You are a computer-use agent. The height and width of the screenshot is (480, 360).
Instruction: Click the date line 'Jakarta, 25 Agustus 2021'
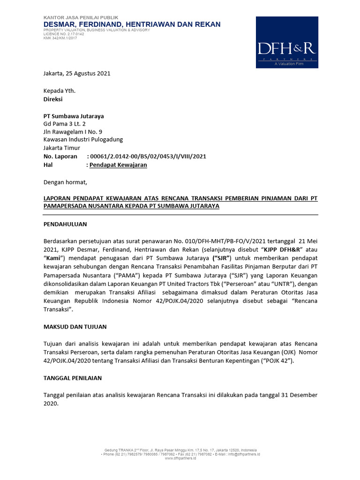tap(77, 74)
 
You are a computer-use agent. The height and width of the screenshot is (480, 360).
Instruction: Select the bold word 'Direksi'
tap(53, 99)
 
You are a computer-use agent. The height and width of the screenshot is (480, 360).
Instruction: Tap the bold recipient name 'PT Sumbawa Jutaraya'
tap(74, 116)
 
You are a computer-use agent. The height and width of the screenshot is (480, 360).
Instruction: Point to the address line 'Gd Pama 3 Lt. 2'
tap(65, 124)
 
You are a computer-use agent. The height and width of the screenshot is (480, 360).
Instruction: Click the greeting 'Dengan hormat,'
tap(65, 182)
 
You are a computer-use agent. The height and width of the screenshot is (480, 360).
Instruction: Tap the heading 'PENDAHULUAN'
tap(65, 225)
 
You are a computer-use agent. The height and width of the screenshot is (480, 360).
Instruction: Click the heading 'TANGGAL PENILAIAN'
tap(73, 378)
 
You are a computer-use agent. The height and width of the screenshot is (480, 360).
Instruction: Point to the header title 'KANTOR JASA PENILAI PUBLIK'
tap(81, 17)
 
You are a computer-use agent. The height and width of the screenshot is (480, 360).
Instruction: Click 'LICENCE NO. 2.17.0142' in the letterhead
tap(64, 34)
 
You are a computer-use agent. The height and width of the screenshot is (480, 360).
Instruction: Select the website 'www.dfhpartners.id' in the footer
tap(180, 458)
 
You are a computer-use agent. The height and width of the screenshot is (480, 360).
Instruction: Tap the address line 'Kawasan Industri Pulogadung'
tap(83, 140)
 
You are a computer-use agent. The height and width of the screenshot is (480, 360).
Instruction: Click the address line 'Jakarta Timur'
tap(62, 148)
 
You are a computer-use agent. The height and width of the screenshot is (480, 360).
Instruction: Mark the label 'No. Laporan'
tap(60, 157)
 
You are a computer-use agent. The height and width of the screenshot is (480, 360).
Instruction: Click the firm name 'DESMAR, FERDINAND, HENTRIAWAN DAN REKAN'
tap(132, 24)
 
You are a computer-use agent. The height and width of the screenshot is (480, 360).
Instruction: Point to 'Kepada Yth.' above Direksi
tap(59, 91)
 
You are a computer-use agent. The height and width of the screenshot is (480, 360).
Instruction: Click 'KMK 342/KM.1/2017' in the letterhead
tap(60, 38)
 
